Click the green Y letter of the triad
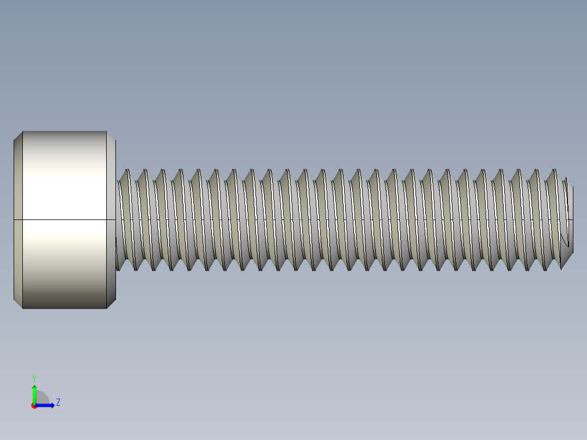coord(34,378)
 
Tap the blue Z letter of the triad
coord(58,402)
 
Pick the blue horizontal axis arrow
coord(46,405)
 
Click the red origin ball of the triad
coord(34,406)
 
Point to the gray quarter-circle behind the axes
coord(42,398)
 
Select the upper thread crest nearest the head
coord(126,170)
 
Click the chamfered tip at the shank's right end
coord(570,219)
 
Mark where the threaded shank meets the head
coord(117,219)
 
